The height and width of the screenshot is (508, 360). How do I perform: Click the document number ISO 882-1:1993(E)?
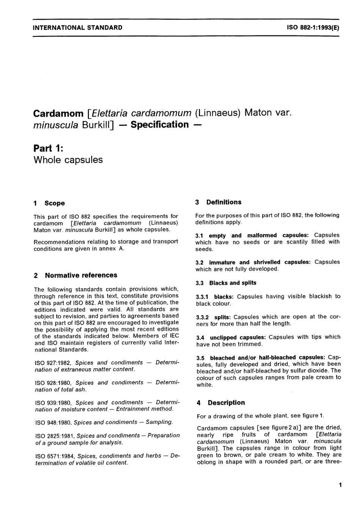tap(313, 27)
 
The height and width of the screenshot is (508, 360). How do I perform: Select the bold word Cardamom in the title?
tap(58, 113)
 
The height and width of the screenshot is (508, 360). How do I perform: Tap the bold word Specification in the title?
tap(159, 125)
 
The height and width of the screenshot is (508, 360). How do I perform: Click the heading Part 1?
tap(48, 148)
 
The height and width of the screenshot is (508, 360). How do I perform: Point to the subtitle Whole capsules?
tap(68, 160)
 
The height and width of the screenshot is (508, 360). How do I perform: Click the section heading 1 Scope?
tap(49, 203)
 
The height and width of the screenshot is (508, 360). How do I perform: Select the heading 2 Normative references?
tap(76, 275)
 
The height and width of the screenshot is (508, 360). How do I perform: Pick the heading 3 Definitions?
tap(219, 202)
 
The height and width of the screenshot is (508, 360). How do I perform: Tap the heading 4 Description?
tap(221, 403)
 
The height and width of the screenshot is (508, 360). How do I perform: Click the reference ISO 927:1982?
tap(53, 363)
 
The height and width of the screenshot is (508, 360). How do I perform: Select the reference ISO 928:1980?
tap(53, 383)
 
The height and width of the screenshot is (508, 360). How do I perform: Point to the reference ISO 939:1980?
tap(53, 402)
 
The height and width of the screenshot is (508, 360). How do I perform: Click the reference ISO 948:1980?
tap(53, 422)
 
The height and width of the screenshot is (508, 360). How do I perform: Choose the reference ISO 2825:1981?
tap(54, 436)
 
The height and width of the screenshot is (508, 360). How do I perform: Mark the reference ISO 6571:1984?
tap(54, 456)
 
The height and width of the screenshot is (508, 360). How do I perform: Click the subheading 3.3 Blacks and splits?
tap(226, 283)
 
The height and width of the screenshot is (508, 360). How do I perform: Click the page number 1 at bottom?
tap(340, 485)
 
